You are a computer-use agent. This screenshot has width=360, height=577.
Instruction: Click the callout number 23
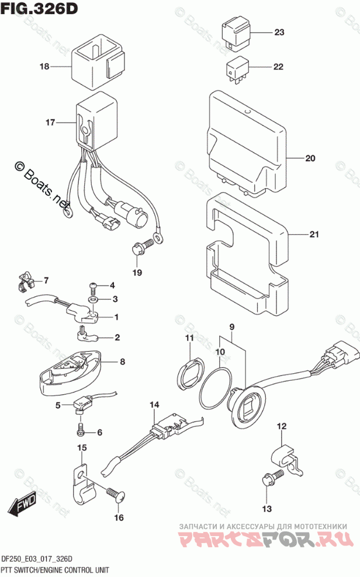(x=278, y=33)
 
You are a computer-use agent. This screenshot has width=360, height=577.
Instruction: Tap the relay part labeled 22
(x=237, y=67)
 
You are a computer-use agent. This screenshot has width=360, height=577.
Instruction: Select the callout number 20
(x=310, y=158)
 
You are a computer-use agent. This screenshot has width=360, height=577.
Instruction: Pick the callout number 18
(x=44, y=67)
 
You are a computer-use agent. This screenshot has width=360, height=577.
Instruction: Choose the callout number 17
(x=50, y=123)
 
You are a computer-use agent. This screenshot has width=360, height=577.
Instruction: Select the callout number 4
(x=113, y=286)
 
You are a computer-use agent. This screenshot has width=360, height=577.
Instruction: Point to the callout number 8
(x=122, y=362)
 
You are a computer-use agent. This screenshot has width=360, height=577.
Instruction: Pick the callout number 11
(x=189, y=339)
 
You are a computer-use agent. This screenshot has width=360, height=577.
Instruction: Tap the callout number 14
(x=154, y=405)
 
